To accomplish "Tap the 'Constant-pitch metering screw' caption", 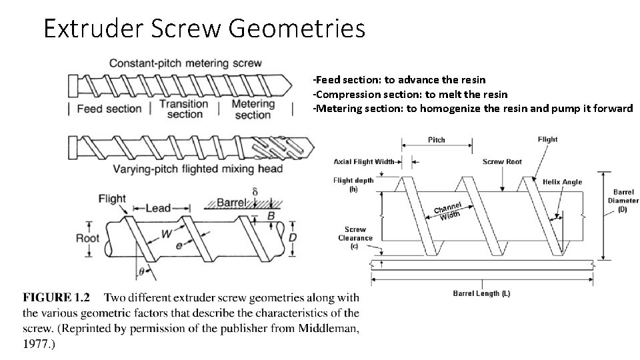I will click(x=176, y=63).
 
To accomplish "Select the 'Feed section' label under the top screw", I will click(x=109, y=109).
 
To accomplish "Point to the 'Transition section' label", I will click(x=185, y=109).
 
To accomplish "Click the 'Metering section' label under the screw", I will click(x=253, y=109).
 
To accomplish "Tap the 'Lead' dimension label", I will click(x=158, y=208).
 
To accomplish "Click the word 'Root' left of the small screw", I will click(x=87, y=238).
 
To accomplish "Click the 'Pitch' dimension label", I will click(x=436, y=140).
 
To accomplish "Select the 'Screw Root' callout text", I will click(x=502, y=161).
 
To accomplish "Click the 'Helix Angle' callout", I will click(x=562, y=181).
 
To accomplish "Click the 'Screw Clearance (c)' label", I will click(x=355, y=237).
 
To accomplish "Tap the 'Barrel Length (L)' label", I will click(x=481, y=293).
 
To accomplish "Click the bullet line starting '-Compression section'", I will click(x=410, y=94).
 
